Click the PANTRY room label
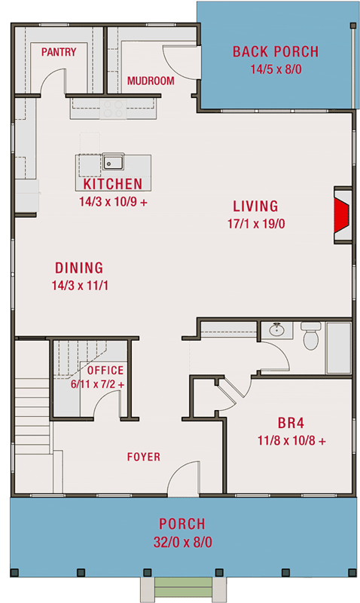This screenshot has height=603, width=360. (59, 52)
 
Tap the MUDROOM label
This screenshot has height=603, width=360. (151, 81)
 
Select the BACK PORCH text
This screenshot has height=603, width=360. (275, 52)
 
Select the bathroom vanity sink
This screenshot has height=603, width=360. (276, 329)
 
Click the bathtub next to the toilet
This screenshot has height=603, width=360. (338, 347)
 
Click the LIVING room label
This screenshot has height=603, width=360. (255, 206)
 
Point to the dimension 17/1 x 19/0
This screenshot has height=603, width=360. (255, 224)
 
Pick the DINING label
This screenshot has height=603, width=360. (79, 268)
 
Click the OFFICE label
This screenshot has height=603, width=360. (105, 371)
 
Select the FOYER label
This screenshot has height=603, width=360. (143, 457)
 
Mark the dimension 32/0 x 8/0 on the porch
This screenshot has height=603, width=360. (181, 542)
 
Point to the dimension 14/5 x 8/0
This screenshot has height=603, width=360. (275, 69)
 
